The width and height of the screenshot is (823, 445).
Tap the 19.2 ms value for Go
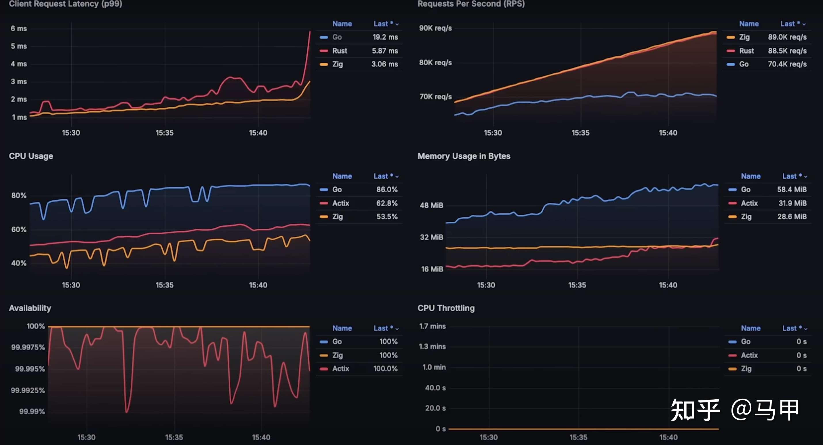[x=385, y=37]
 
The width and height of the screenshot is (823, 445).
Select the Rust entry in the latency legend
[x=339, y=51]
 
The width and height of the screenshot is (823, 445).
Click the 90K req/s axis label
[x=435, y=28]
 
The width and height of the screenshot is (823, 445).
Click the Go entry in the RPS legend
[x=744, y=64]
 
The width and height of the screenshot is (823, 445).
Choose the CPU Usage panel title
[x=31, y=156]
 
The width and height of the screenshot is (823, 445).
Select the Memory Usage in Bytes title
[x=464, y=156]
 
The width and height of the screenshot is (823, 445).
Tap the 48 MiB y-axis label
[x=431, y=205]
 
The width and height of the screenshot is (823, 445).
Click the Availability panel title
[x=30, y=308]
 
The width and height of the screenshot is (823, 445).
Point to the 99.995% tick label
[x=30, y=369]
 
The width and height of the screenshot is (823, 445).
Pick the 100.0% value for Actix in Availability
[x=385, y=369]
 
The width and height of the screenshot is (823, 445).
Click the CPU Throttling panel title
[x=446, y=308]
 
